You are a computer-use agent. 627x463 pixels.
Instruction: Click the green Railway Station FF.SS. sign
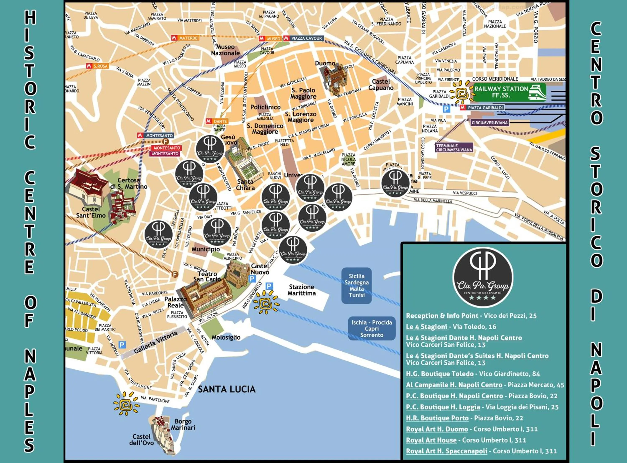(509, 92)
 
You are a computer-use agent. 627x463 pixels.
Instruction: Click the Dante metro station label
(217, 121)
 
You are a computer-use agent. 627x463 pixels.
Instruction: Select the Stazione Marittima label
(301, 290)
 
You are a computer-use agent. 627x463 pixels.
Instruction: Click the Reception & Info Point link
(442, 316)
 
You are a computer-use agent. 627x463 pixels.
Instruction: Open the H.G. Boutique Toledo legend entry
(439, 373)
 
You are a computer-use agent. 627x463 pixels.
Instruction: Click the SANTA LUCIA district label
(227, 389)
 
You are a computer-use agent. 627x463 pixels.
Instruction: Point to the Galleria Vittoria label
(155, 342)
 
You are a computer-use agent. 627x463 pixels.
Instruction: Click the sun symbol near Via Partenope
(126, 404)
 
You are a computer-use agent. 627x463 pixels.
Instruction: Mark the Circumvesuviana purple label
(489, 123)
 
